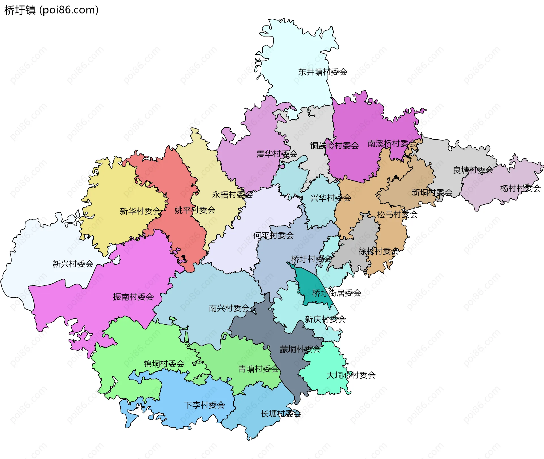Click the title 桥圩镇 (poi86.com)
[x=51, y=10]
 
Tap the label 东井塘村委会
[x=322, y=72]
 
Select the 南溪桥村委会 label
[x=392, y=143]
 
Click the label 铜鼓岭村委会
[x=334, y=145]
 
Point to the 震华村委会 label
[x=277, y=154]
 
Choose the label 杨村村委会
[x=520, y=188]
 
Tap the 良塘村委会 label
[x=473, y=170]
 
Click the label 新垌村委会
[x=432, y=193]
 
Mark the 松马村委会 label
[x=397, y=214]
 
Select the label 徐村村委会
[x=378, y=251]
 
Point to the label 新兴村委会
[x=73, y=264]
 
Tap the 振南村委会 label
[x=133, y=297]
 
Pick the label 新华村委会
[x=140, y=211]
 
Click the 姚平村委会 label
[x=195, y=210]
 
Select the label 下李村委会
[x=204, y=405]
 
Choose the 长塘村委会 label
[x=280, y=414]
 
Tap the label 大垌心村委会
[x=351, y=376]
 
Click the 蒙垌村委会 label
[x=300, y=349]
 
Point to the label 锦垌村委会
[x=164, y=364]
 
